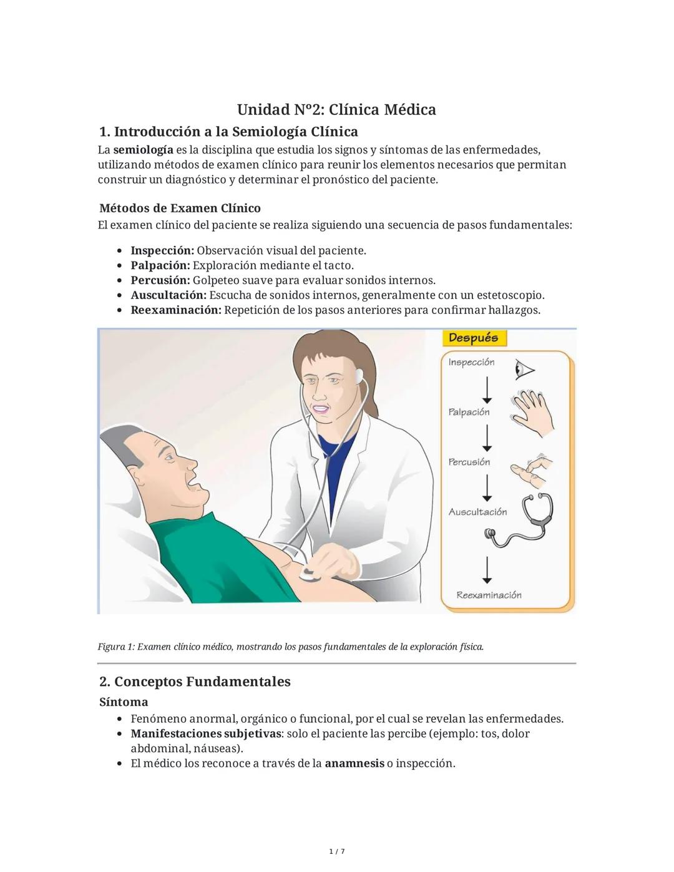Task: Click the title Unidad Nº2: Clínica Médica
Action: [x=336, y=110]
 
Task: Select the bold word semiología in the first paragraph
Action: [x=143, y=150]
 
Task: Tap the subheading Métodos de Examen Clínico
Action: [x=180, y=208]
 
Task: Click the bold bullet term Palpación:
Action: [x=160, y=265]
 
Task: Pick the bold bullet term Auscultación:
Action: [x=168, y=295]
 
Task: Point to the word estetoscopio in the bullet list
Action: [x=510, y=295]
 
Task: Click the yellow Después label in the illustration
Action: [x=474, y=338]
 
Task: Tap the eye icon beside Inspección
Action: [x=525, y=370]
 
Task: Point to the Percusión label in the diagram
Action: [x=469, y=462]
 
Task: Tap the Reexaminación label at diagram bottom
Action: [x=489, y=595]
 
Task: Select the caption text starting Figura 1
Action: [x=290, y=647]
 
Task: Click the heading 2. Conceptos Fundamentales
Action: [x=195, y=681]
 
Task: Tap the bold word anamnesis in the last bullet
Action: [x=354, y=763]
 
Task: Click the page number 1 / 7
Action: [x=336, y=851]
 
